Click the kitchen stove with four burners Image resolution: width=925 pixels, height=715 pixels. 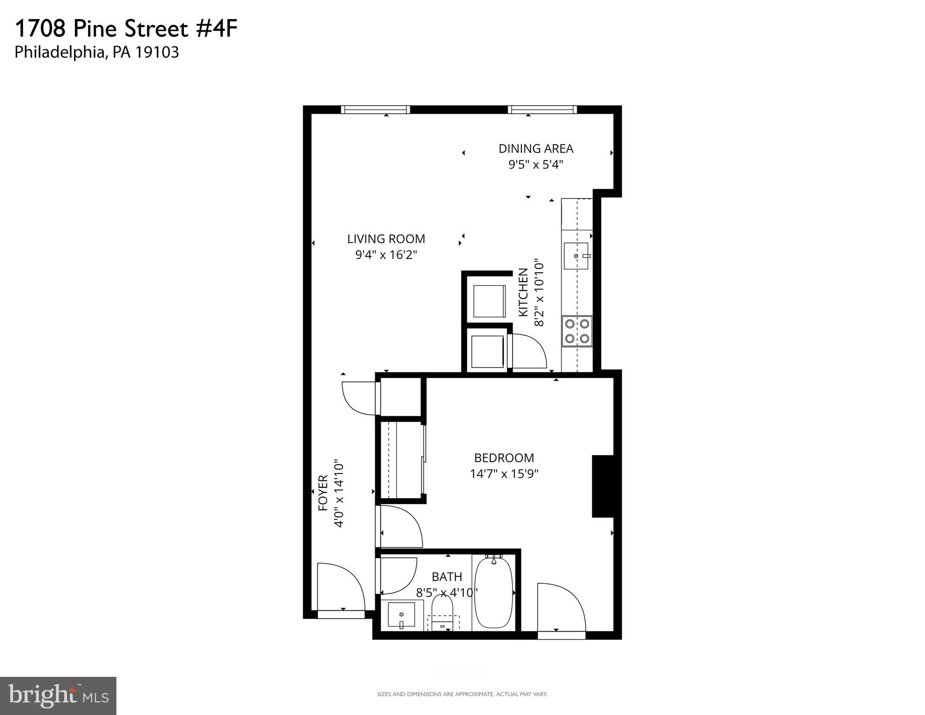point(577,331)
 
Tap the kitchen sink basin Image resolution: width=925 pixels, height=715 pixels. point(576,256)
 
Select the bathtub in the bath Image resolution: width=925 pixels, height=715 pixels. point(493,593)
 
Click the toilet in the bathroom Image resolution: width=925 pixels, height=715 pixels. point(442,611)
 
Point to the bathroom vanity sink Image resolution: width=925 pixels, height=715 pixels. point(401,614)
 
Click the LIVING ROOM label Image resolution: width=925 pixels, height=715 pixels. point(386,239)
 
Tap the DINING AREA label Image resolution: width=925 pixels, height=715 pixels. point(536,148)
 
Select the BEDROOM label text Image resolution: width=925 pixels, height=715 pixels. point(504,458)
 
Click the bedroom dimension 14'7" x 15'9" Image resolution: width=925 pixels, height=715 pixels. point(504,474)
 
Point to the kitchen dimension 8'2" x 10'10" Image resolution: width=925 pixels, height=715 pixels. point(539,293)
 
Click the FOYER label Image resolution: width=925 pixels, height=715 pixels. point(323,493)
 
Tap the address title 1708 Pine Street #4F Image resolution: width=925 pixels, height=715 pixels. point(126,29)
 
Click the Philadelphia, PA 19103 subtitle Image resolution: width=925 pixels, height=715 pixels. point(97,52)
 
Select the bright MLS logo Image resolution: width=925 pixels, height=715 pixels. point(58,695)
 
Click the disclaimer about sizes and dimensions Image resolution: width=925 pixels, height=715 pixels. point(462,694)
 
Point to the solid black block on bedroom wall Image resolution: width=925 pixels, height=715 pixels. point(602,486)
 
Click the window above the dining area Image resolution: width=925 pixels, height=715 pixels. point(542,110)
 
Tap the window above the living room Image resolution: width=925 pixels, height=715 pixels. point(375,110)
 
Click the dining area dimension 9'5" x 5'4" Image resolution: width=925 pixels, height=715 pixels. point(536,165)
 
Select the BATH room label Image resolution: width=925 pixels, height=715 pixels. point(447,577)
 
